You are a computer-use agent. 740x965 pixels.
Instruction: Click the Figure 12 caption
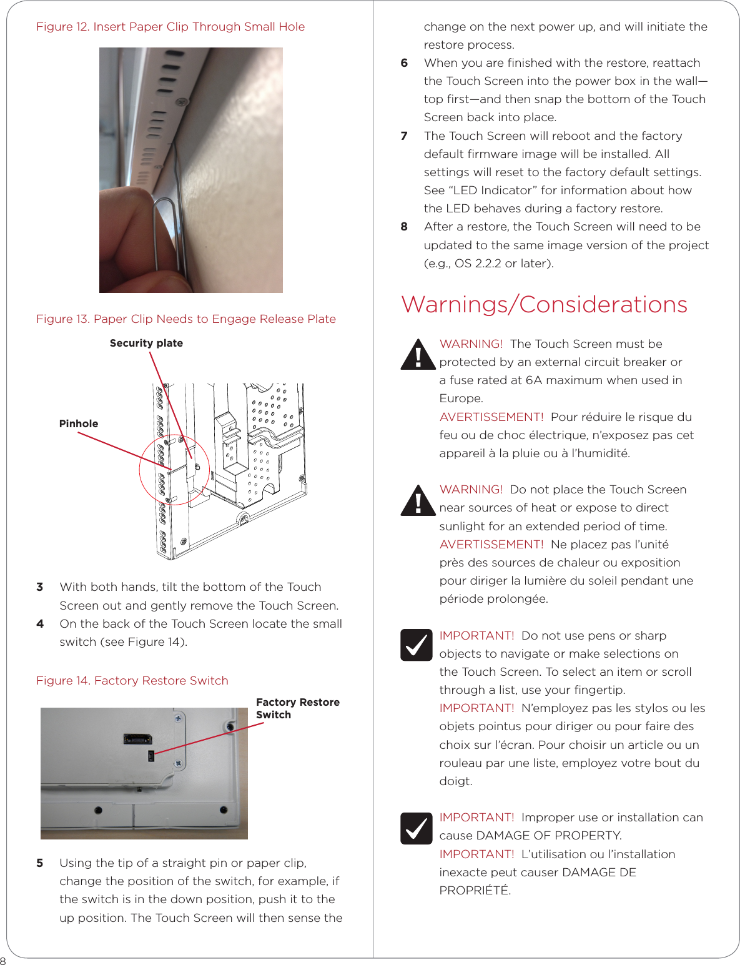pos(170,27)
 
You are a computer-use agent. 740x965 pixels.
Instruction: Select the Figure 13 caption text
pos(185,319)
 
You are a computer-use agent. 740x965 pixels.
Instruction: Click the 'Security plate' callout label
pos(146,343)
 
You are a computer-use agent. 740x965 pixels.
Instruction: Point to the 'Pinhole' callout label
pos(79,423)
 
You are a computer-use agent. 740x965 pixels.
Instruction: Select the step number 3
pos(40,587)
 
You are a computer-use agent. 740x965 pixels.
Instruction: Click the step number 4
pos(40,623)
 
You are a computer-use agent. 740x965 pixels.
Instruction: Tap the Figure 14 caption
pos(132,681)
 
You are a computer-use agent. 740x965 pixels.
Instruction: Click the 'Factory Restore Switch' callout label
pos(297,708)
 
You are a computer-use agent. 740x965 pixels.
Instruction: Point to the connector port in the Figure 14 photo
pos(137,739)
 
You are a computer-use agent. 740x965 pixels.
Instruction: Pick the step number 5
pos(40,863)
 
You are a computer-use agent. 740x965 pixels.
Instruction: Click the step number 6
pos(404,63)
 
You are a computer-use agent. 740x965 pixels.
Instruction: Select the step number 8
pos(404,227)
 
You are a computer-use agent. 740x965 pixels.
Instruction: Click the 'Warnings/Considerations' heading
pos(544,305)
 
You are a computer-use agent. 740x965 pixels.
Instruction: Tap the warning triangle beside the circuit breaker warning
pos(418,355)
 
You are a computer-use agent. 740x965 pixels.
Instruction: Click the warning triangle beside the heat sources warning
pos(418,501)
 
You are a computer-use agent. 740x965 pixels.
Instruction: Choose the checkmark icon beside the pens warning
pos(417,645)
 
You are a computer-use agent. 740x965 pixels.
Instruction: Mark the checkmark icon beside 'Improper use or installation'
pos(417,828)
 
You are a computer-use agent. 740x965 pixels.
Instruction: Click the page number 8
pos(3,961)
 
